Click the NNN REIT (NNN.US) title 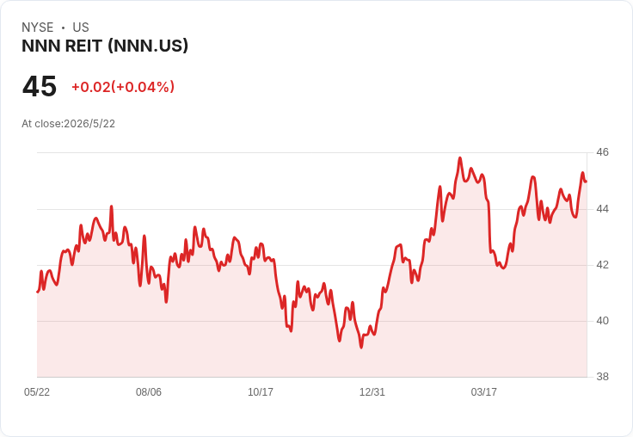105,46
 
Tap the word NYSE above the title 38,28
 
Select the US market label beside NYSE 81,28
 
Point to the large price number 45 40,86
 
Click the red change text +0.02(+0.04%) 123,87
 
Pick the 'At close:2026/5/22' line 68,124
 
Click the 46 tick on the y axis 602,152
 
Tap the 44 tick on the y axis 602,209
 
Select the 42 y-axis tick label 602,265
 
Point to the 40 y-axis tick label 602,321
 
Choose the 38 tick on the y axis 602,377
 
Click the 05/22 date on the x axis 37,392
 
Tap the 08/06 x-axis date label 149,392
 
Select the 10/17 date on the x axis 261,392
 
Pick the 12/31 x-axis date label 372,392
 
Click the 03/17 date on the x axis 483,392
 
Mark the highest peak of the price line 460,158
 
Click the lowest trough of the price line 361,347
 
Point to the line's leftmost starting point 38,292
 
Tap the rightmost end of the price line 587,182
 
